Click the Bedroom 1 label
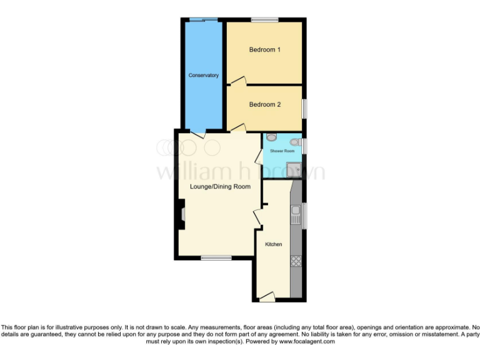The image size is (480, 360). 264,50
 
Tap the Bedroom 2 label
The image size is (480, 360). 264,104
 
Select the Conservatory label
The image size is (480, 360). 204,75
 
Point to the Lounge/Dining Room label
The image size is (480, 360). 220,186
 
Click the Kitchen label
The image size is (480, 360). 273,244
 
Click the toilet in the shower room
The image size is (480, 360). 271,137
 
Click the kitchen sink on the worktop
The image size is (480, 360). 296,215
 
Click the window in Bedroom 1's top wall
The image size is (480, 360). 264,21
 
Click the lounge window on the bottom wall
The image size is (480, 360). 216,257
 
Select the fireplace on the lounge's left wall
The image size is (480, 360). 181,214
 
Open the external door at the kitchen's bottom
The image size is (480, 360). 267,298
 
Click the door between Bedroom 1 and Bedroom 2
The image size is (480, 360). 237,81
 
